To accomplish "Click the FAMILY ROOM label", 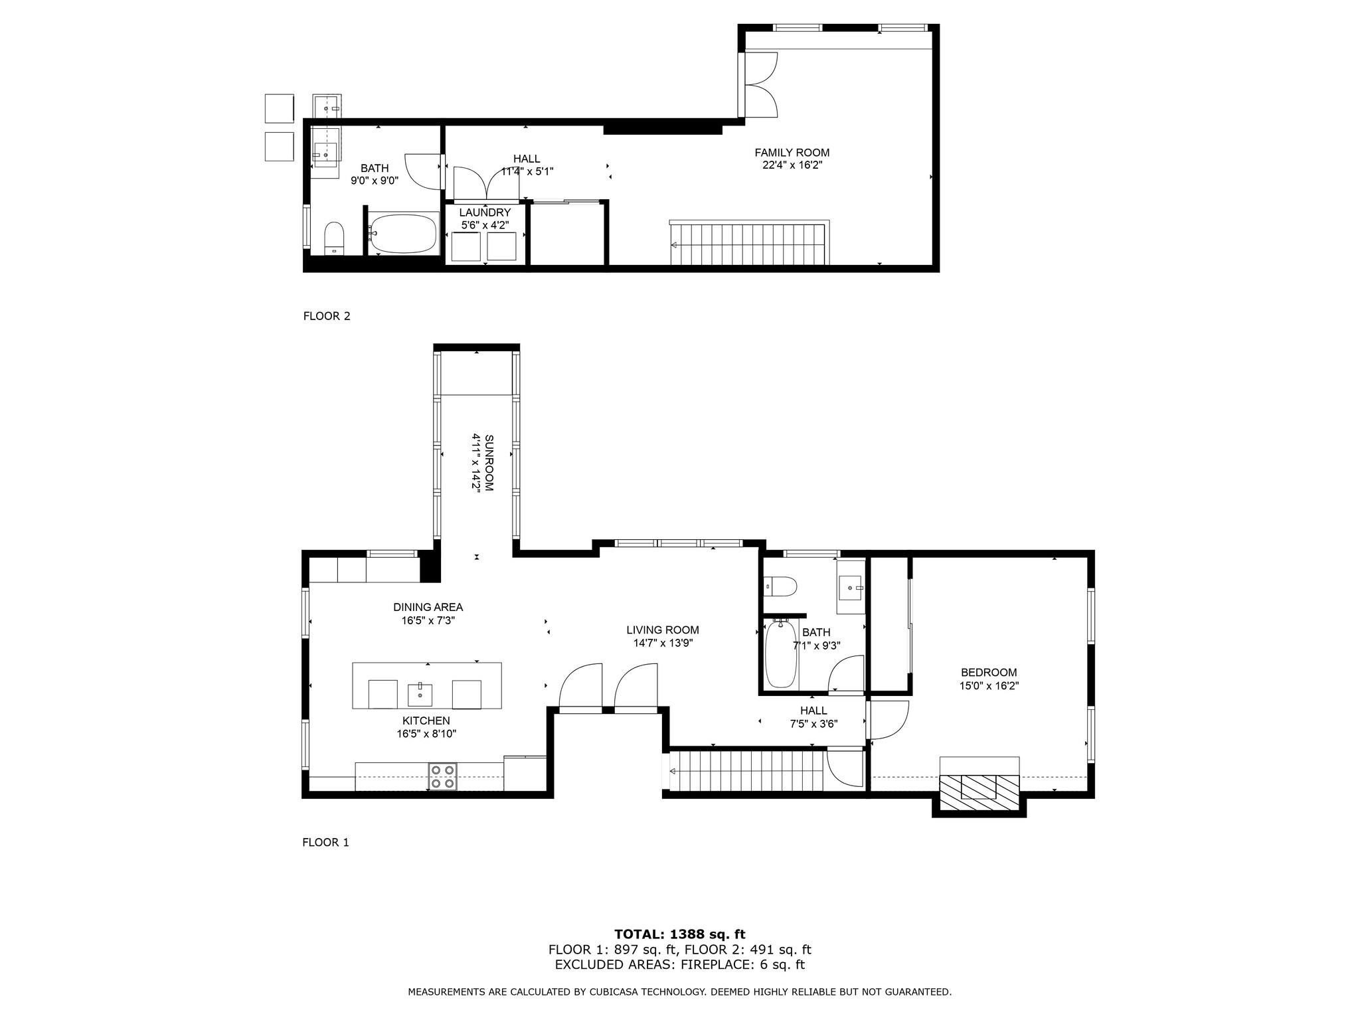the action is pos(792,153).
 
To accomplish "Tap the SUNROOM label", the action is pos(489,462).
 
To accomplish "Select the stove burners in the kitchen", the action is pos(443,777).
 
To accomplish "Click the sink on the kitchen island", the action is pos(420,695).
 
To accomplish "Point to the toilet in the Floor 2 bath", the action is pos(334,238).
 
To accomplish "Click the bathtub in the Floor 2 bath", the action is pos(403,233).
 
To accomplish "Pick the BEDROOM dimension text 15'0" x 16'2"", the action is pos(989,686).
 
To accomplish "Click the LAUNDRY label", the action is pos(485,212).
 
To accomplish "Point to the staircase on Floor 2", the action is pos(749,243).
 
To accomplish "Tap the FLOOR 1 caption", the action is pos(325,843).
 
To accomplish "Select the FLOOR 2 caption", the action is pos(327,316).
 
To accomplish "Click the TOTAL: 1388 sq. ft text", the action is pos(680,935).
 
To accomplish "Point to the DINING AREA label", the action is pos(428,607).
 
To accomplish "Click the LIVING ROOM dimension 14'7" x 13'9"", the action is pos(663,643).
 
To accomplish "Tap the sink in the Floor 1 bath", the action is pos(851,587).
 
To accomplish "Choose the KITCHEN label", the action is pos(426,721).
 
